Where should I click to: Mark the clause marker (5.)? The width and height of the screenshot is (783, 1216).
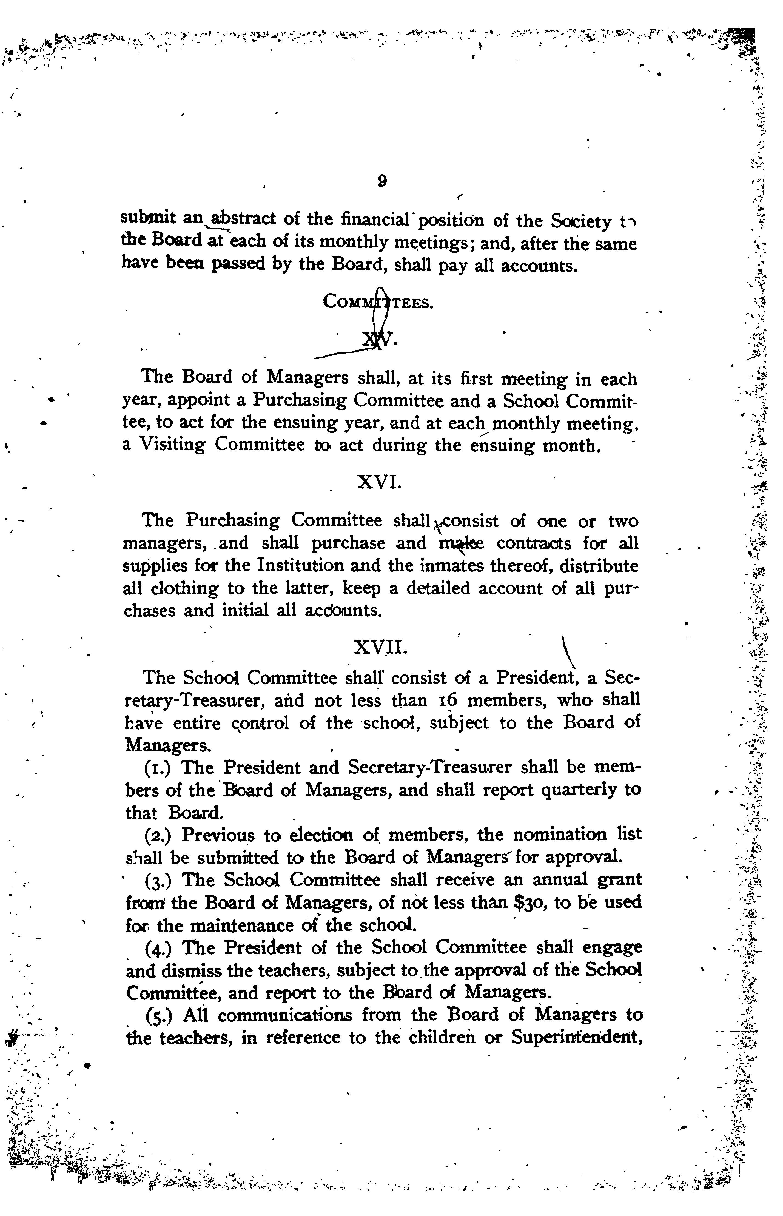tap(160, 1015)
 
